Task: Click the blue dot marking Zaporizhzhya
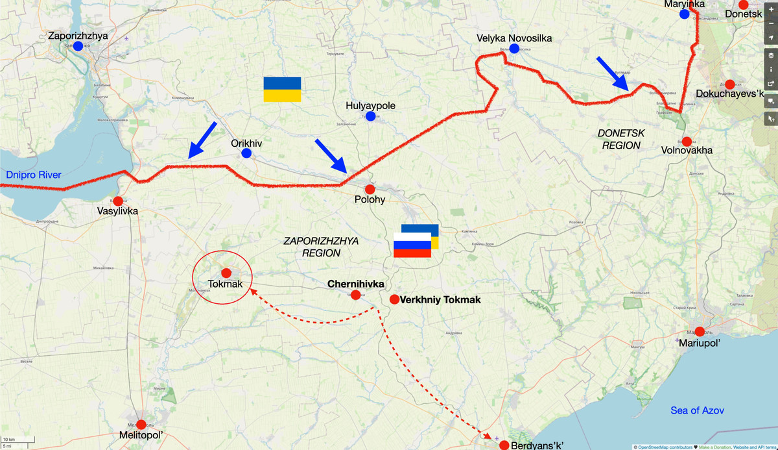(x=78, y=46)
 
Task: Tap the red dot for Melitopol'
(x=141, y=425)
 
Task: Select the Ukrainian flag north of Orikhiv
(x=282, y=89)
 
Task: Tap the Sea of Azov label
(x=697, y=410)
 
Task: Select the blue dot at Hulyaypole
(x=370, y=116)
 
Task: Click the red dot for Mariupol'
(x=700, y=331)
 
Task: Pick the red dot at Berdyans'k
(x=504, y=445)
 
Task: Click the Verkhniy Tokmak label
(x=441, y=299)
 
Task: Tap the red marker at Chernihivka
(x=355, y=295)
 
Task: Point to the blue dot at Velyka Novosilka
(x=514, y=49)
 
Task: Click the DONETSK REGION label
(x=621, y=139)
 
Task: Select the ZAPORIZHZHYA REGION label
(x=321, y=247)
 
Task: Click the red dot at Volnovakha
(x=687, y=142)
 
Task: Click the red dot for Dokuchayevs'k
(x=729, y=84)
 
